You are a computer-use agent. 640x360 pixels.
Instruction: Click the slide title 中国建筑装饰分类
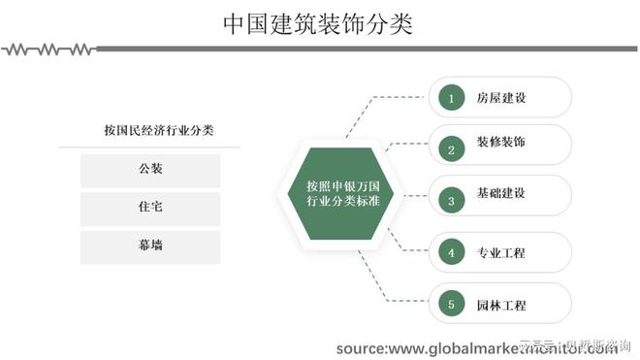(x=317, y=24)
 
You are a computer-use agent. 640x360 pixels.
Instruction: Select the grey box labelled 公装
(x=150, y=169)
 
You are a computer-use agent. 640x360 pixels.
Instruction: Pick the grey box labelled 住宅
(x=150, y=207)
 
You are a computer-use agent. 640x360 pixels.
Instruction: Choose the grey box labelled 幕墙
(x=150, y=245)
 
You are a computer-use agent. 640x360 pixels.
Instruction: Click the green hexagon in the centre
(x=341, y=192)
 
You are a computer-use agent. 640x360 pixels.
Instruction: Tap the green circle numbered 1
(x=450, y=97)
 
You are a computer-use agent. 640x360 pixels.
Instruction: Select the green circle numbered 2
(x=450, y=149)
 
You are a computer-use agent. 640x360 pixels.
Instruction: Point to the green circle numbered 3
(x=450, y=201)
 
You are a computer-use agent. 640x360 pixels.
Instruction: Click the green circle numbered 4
(x=450, y=252)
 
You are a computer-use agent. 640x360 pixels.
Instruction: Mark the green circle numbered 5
(x=450, y=304)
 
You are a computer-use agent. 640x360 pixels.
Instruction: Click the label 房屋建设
(x=500, y=97)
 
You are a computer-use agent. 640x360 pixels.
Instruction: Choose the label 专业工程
(x=500, y=252)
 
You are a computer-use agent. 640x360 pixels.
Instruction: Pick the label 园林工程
(x=500, y=304)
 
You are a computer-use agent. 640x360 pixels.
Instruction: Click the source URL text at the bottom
(x=475, y=347)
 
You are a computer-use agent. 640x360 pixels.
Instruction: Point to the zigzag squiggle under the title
(x=48, y=48)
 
